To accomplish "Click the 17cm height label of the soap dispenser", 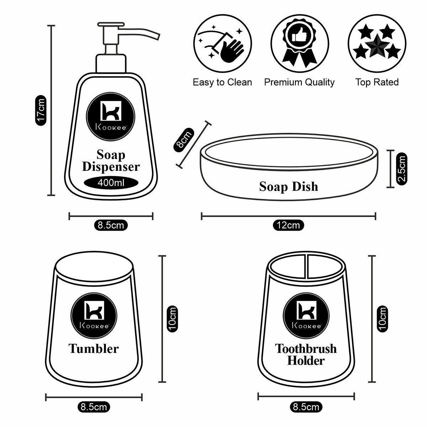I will [42, 110].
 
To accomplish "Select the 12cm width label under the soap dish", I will [289, 225].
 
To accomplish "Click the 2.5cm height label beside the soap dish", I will [402, 168].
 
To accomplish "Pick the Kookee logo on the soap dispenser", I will [111, 116].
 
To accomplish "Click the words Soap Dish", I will [288, 186].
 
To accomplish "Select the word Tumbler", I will [94, 348].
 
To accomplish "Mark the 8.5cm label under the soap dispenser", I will [111, 225].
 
